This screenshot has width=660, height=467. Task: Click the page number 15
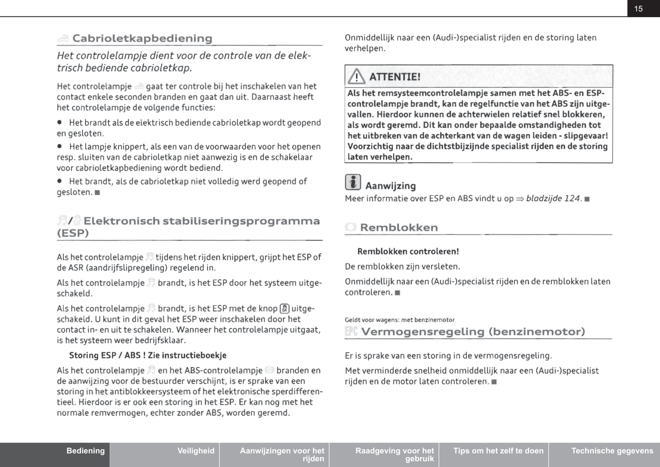tap(638, 9)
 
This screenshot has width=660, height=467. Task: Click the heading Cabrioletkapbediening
tap(142, 38)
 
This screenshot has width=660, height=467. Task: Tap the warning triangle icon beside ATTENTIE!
tap(356, 76)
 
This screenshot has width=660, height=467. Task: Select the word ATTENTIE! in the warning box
tap(395, 77)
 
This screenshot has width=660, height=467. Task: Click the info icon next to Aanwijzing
tap(353, 182)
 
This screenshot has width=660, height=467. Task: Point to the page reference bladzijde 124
tap(553, 199)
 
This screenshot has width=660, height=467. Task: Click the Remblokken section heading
tap(399, 227)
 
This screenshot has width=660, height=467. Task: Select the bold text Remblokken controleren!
tap(408, 251)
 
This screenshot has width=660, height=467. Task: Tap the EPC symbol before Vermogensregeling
tap(351, 331)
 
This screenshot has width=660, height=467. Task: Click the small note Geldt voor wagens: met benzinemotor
tap(400, 320)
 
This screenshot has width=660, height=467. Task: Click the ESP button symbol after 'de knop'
tap(284, 309)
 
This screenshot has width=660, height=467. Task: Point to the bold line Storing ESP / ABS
tap(148, 355)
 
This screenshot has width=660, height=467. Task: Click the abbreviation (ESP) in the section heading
tap(73, 233)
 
